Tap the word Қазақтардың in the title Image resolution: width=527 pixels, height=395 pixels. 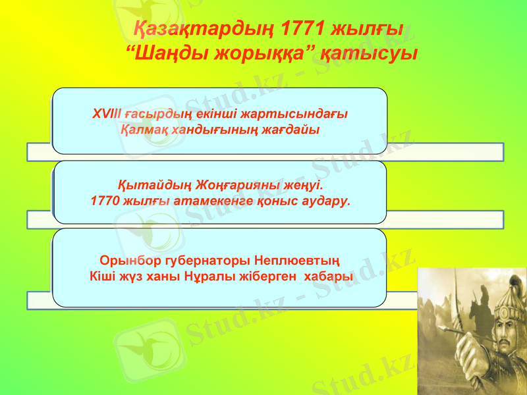204,30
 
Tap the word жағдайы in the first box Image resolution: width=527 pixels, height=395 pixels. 290,129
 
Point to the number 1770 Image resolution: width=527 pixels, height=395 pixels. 103,200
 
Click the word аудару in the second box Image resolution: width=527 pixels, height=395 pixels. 321,200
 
